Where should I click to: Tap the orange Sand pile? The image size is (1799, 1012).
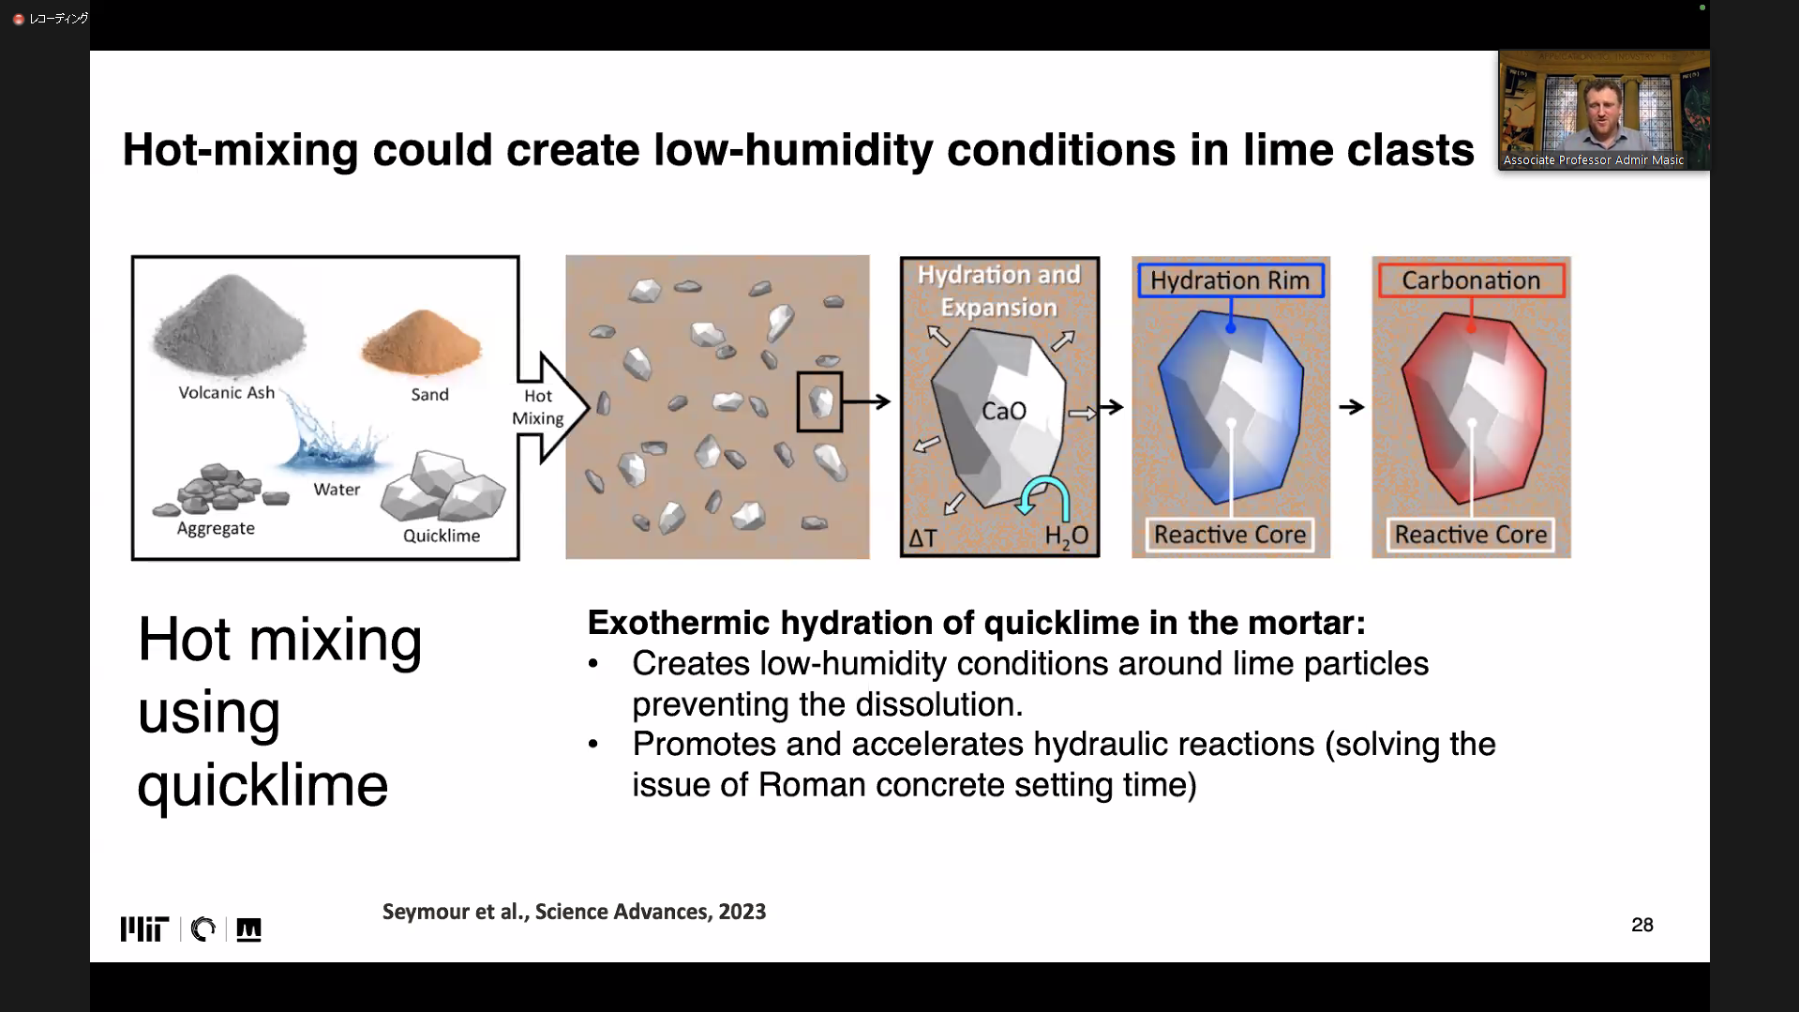pos(422,342)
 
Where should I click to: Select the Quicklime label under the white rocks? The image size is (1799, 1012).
pos(442,536)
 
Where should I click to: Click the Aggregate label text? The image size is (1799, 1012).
pos(216,528)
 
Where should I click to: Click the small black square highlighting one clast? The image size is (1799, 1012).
pos(819,401)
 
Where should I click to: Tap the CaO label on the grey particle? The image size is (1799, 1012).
pos(1004,411)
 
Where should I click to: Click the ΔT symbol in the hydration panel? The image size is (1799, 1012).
pos(922,538)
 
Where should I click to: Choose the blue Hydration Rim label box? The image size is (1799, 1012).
pos(1231,280)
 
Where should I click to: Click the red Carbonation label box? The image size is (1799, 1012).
pos(1471,280)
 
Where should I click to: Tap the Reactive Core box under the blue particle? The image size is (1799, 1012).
pos(1230,535)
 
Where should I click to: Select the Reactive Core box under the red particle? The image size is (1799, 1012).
pos(1471,535)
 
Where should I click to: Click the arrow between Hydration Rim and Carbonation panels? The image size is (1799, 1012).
pos(1351,407)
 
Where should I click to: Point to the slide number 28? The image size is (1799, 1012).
pos(1642,925)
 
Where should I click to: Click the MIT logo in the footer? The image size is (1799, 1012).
pos(144,929)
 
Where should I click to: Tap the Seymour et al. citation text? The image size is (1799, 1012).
pos(574,912)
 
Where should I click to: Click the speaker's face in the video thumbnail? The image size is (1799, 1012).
pos(1602,110)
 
